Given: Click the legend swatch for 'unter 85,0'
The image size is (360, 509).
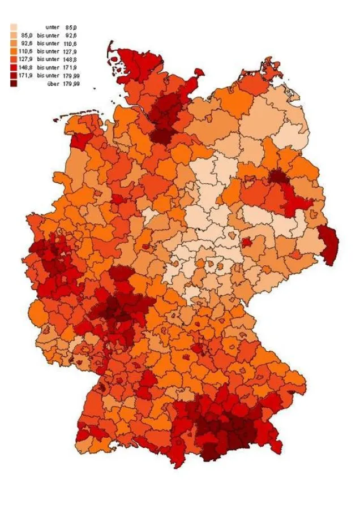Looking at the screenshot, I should click(14, 27).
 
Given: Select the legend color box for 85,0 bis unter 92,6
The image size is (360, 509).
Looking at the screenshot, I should click(14, 35).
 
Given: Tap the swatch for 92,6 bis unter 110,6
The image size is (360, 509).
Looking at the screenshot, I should click(14, 43).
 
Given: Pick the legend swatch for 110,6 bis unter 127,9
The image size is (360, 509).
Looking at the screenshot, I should click(14, 51).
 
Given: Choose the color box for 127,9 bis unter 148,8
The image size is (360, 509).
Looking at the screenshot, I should click(14, 59).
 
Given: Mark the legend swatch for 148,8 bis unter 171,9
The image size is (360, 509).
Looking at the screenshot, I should click(14, 67).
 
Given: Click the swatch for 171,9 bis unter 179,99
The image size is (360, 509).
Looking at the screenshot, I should click(14, 75).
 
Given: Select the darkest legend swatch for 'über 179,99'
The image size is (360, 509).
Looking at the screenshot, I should click(14, 83).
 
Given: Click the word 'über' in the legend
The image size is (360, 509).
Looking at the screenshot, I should click(53, 84).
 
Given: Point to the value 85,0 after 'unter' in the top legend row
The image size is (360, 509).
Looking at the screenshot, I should click(70, 27).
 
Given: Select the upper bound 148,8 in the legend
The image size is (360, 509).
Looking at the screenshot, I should click(70, 59).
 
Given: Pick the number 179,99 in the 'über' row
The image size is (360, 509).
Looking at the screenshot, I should click(71, 84).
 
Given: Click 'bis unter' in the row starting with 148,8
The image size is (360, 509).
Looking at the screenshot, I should click(48, 67).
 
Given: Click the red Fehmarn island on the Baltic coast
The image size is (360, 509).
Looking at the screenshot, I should click(198, 71).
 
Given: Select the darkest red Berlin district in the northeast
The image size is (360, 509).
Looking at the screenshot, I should click(277, 176).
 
